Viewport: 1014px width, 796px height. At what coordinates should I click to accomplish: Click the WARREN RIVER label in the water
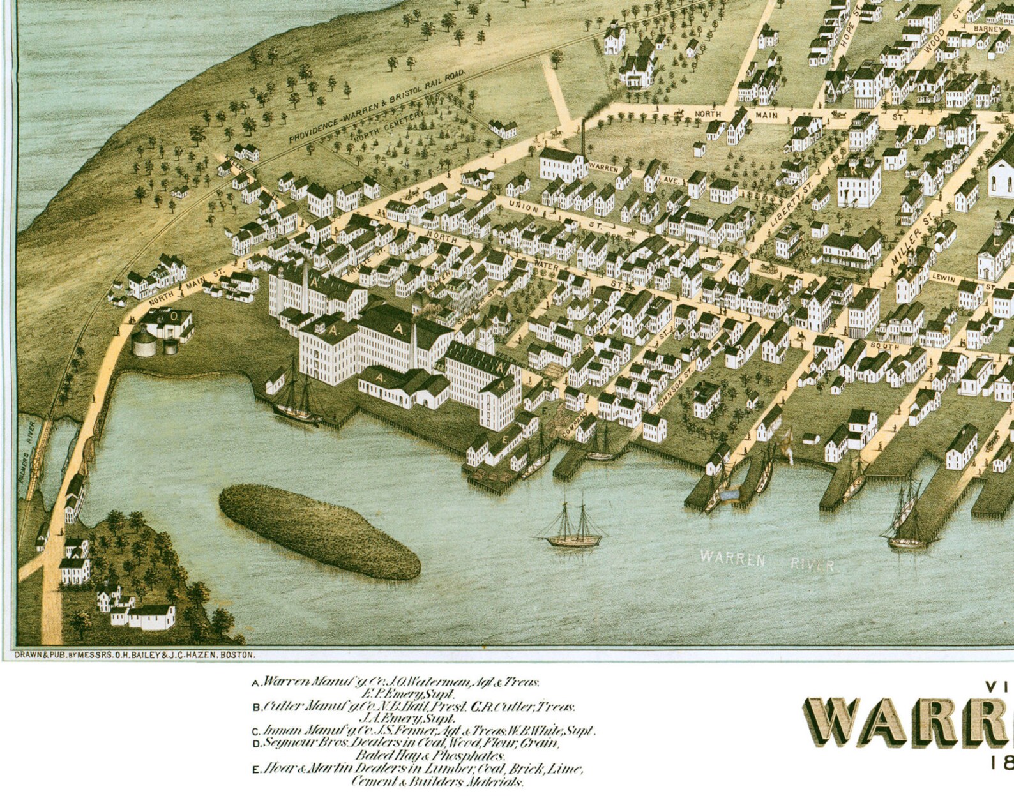point(766,561)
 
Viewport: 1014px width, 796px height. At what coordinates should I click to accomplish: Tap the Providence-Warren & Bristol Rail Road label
point(377,107)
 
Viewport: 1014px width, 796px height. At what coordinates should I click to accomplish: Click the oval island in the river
point(319,530)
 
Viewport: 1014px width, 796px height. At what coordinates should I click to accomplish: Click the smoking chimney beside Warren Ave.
point(582,137)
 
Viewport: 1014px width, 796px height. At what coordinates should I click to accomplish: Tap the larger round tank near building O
point(144,343)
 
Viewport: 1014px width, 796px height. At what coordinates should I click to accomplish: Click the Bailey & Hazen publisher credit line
point(135,654)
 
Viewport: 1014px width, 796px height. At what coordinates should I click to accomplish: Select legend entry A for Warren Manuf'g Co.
point(396,682)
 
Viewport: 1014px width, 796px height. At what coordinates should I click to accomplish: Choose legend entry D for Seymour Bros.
point(409,743)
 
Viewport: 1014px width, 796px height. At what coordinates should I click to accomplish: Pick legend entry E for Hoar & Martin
point(418,769)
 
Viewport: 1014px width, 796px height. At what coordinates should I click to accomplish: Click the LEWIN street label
point(944,278)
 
